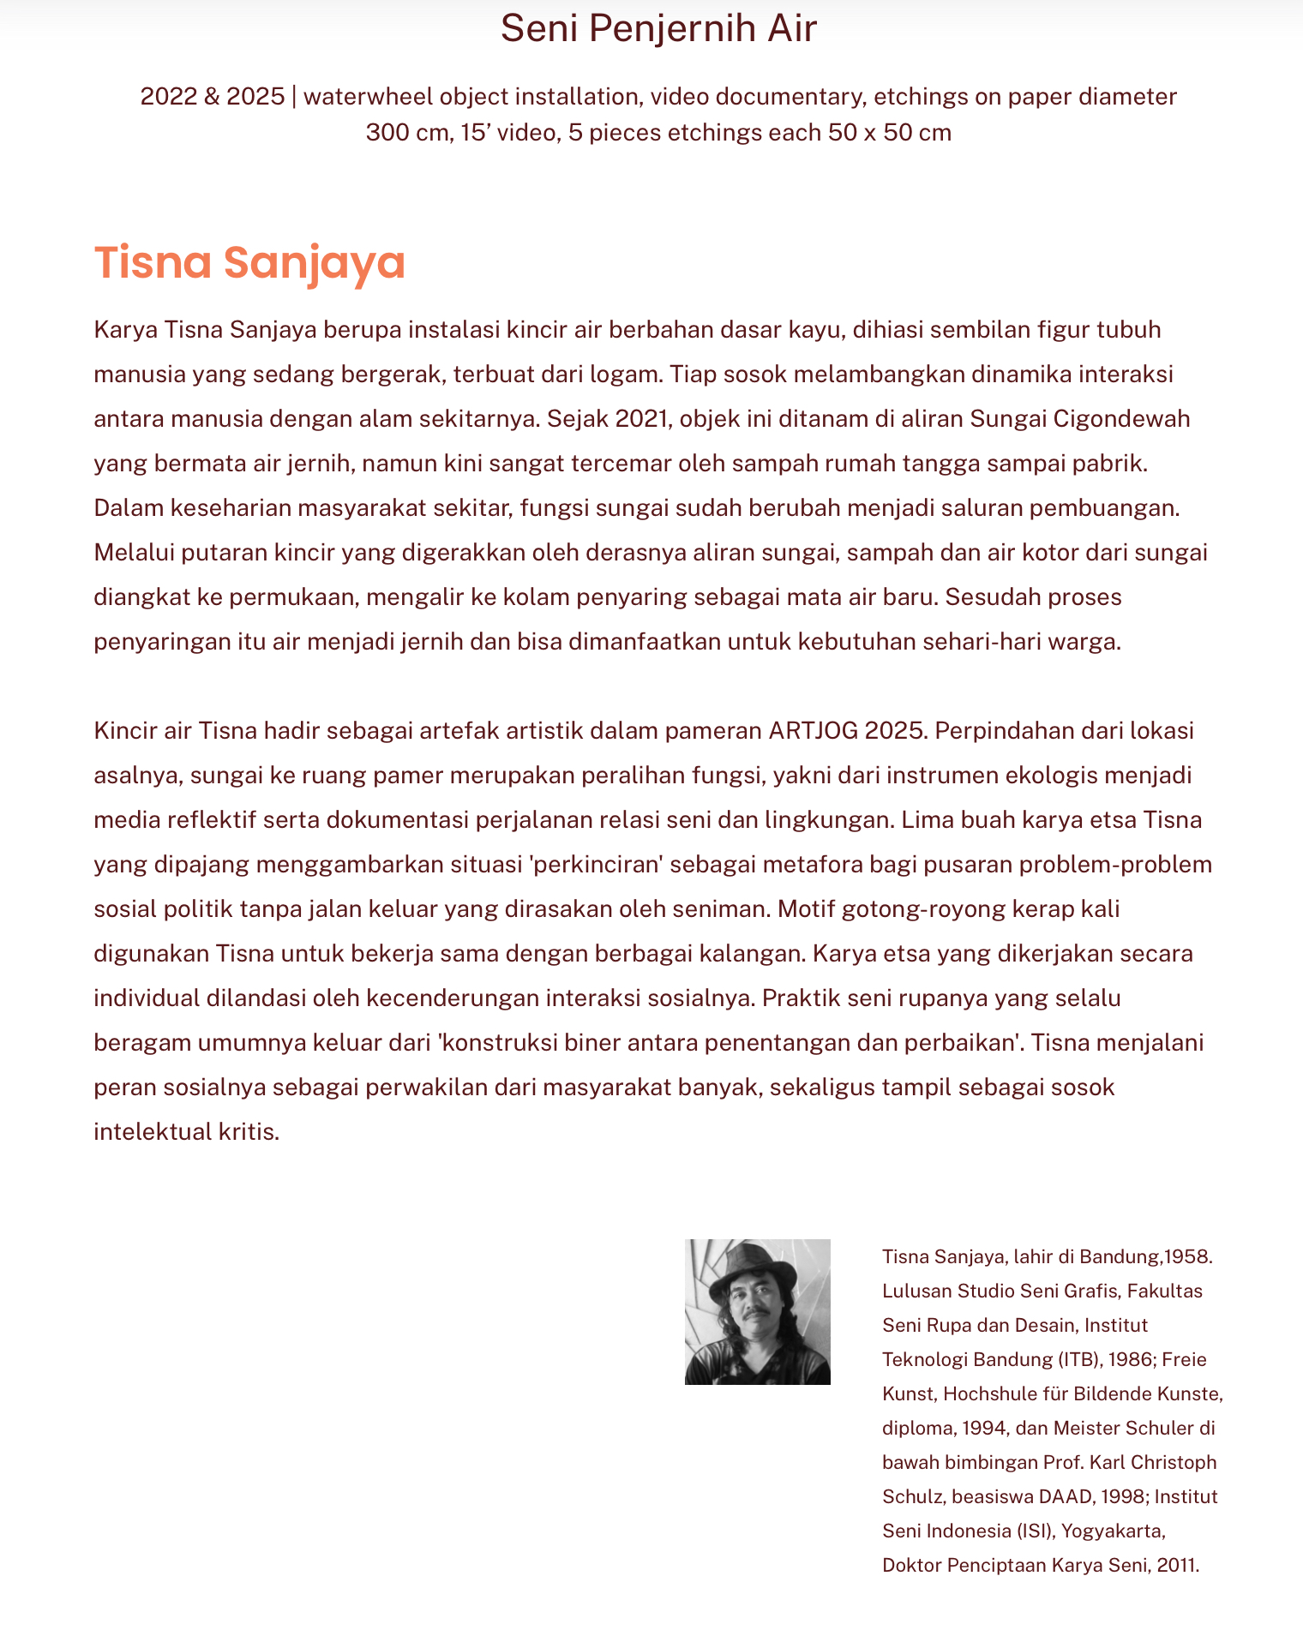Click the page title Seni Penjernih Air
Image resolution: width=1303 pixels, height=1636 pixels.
[658, 28]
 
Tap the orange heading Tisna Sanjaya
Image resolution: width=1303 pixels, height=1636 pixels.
[249, 262]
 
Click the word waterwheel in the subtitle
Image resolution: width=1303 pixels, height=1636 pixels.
[368, 97]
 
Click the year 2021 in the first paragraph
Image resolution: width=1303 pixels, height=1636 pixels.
[641, 419]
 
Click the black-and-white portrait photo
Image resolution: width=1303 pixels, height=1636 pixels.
[757, 1311]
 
